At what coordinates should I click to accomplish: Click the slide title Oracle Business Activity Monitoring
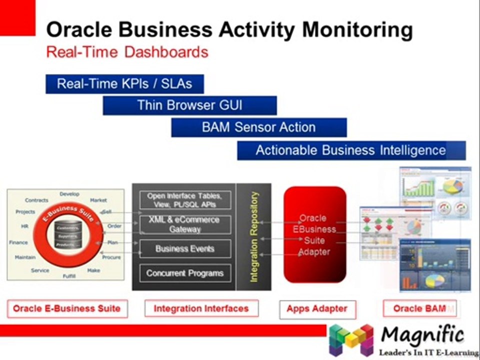229,30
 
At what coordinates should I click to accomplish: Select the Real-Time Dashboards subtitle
127,52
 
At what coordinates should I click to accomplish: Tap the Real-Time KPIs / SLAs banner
124,83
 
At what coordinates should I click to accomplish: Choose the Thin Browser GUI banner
189,105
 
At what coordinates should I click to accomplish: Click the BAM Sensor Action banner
258,127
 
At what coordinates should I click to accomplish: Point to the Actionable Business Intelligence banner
351,150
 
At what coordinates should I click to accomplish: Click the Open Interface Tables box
184,200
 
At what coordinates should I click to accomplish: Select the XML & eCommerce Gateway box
184,224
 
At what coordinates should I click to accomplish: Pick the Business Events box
184,248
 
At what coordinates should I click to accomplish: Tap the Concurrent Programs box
184,273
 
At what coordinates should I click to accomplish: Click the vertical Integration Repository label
254,236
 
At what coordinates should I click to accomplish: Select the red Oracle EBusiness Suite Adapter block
314,235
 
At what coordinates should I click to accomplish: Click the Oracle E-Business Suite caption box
67,308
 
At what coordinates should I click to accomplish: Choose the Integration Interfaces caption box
201,308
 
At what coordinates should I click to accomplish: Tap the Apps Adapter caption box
317,309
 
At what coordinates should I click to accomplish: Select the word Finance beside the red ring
18,242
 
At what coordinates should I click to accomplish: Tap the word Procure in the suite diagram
111,257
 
